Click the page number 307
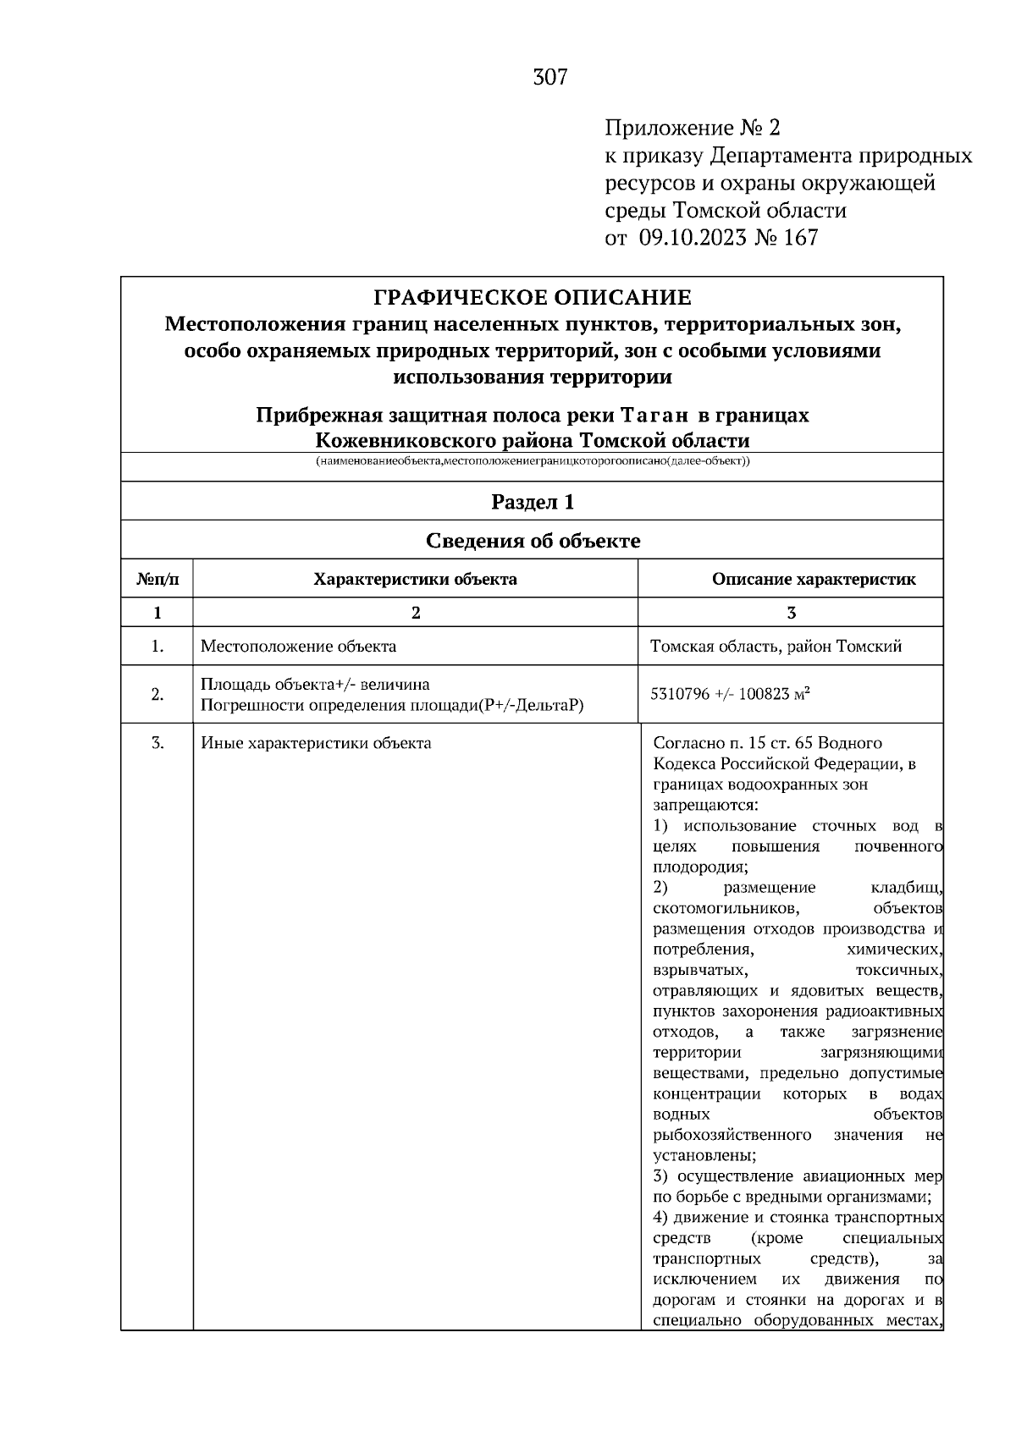click(550, 78)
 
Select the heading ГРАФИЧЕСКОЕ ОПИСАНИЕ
click(533, 298)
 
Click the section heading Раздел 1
click(533, 502)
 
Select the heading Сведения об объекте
click(533, 541)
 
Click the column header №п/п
click(157, 580)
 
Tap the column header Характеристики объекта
click(415, 580)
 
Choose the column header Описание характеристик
click(814, 580)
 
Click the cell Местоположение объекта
click(298, 647)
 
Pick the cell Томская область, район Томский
click(776, 647)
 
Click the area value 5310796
click(679, 695)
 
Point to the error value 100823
click(765, 695)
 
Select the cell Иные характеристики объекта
click(316, 743)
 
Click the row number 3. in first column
click(157, 743)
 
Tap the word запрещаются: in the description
click(705, 805)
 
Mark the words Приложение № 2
click(692, 129)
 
